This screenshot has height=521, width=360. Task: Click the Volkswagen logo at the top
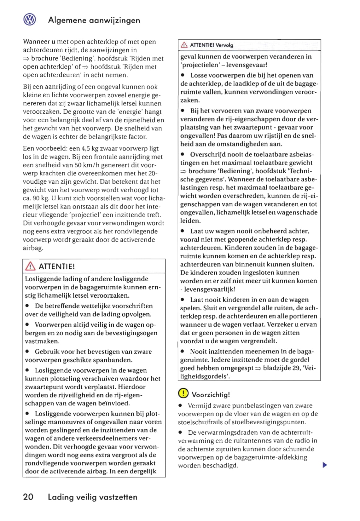point(30,20)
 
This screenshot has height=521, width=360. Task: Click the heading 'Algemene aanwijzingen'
point(94,20)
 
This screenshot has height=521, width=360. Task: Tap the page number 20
point(28,497)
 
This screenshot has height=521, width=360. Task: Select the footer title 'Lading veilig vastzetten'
point(93,497)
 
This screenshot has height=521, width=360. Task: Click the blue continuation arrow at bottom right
point(325,465)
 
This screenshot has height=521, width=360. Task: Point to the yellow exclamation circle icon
point(183,393)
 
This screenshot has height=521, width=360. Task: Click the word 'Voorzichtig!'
point(211,394)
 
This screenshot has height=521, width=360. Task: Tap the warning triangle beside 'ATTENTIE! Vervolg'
point(184,45)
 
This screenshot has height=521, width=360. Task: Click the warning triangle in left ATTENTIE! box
point(30,266)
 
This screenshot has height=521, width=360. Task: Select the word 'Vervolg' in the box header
point(224,45)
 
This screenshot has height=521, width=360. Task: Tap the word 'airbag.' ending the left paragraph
point(33,248)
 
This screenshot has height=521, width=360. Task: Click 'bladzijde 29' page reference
point(282,368)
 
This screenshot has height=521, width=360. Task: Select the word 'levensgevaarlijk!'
point(209,289)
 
